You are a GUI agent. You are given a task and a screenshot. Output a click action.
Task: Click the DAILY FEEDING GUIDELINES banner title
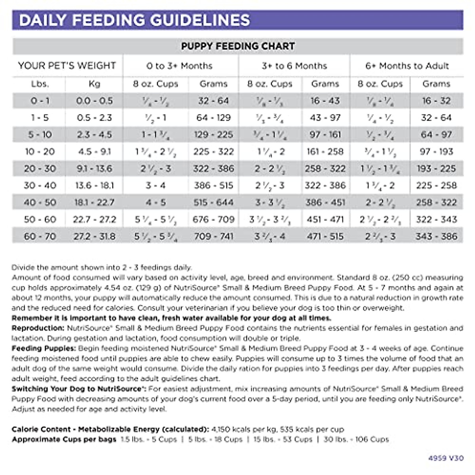click(135, 20)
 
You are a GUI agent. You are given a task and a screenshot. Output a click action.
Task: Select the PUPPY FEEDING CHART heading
click(238, 46)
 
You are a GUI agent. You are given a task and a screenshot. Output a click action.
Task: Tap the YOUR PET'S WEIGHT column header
click(67, 66)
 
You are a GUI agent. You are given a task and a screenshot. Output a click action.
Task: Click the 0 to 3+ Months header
click(179, 66)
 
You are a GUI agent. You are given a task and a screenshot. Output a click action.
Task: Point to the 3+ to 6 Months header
click(294, 66)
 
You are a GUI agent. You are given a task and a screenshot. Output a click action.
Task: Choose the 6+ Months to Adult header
click(407, 66)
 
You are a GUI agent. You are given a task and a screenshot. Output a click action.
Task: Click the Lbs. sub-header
click(40, 84)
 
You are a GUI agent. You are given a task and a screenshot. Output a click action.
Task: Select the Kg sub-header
click(95, 84)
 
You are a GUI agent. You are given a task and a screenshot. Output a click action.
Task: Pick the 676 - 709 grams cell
click(213, 219)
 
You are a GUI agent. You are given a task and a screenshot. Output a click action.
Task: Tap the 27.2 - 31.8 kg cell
click(95, 236)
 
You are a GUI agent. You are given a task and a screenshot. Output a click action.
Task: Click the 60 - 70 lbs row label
click(40, 236)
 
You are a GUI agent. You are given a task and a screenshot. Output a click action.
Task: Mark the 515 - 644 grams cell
click(213, 202)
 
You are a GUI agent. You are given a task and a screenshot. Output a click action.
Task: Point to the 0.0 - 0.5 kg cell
click(95, 101)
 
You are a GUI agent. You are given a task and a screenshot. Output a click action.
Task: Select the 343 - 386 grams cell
click(436, 236)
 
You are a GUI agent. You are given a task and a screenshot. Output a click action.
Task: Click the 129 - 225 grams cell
click(213, 135)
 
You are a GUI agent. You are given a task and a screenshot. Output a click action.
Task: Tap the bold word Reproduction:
click(38, 328)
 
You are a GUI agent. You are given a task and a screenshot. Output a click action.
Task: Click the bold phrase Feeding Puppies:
click(44, 348)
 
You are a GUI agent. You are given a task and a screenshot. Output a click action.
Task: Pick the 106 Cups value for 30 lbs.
click(372, 439)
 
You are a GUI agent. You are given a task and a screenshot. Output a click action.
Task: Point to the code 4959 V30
click(446, 458)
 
